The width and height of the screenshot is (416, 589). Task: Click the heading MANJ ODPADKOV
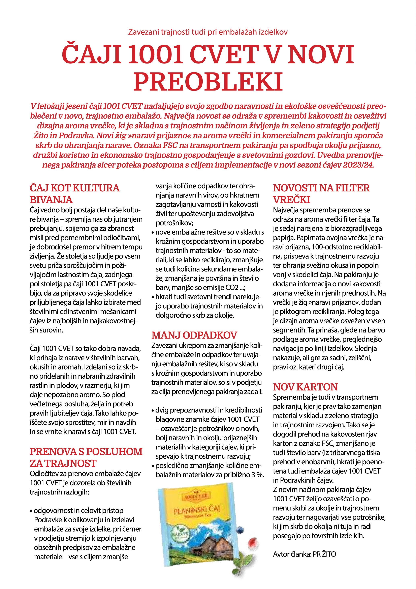(x=194, y=335)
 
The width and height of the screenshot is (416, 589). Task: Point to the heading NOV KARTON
(x=305, y=387)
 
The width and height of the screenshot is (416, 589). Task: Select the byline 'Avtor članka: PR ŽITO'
(x=304, y=554)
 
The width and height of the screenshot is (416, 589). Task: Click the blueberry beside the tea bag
(x=239, y=536)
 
